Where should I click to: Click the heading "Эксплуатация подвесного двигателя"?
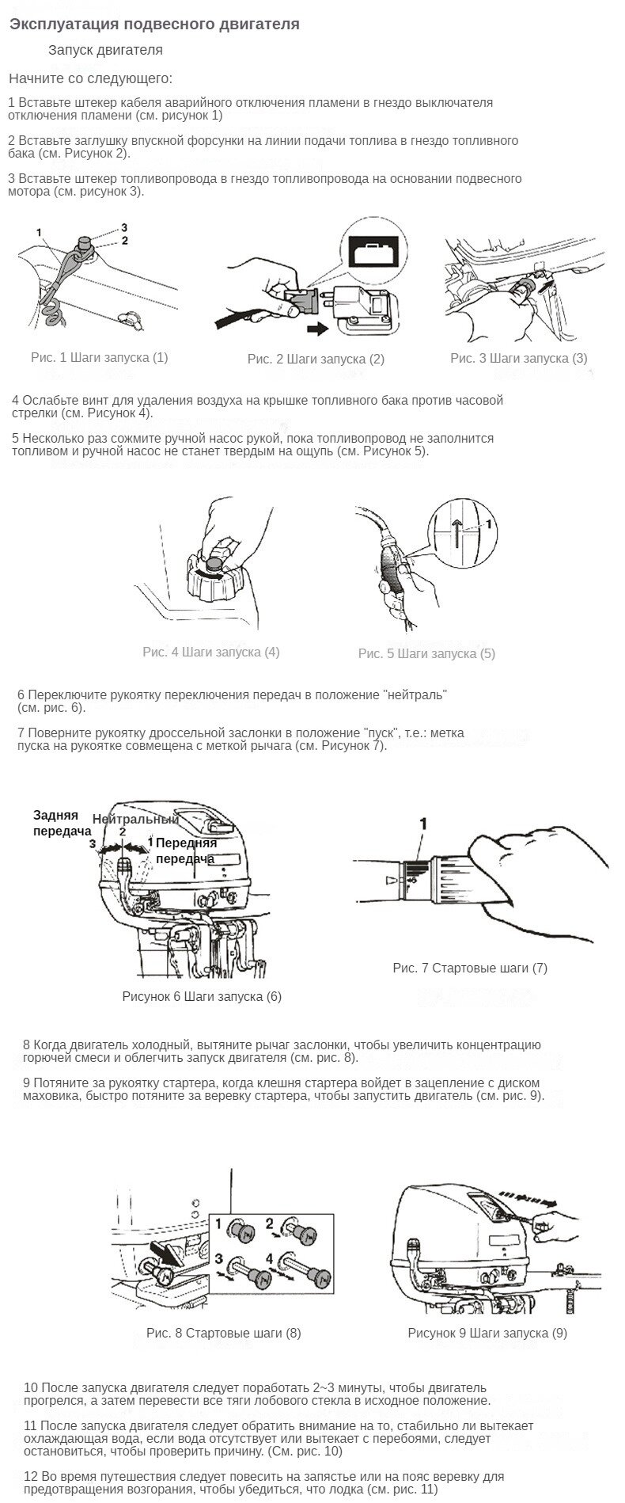[x=154, y=25]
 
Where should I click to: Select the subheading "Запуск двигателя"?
[x=105, y=50]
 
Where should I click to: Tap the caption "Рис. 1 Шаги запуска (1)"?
[x=100, y=357]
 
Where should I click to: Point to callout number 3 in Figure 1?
[x=124, y=228]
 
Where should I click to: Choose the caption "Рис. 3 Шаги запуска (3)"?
[x=519, y=358]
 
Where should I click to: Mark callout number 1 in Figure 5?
[x=490, y=523]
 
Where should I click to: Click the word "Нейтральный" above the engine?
[x=135, y=819]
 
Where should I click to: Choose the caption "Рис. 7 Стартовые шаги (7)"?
[x=470, y=968]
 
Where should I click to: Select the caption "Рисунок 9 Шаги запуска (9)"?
[x=487, y=1333]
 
